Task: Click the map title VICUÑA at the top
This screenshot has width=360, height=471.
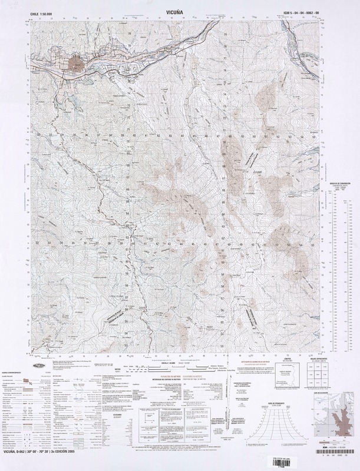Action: tap(180, 11)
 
